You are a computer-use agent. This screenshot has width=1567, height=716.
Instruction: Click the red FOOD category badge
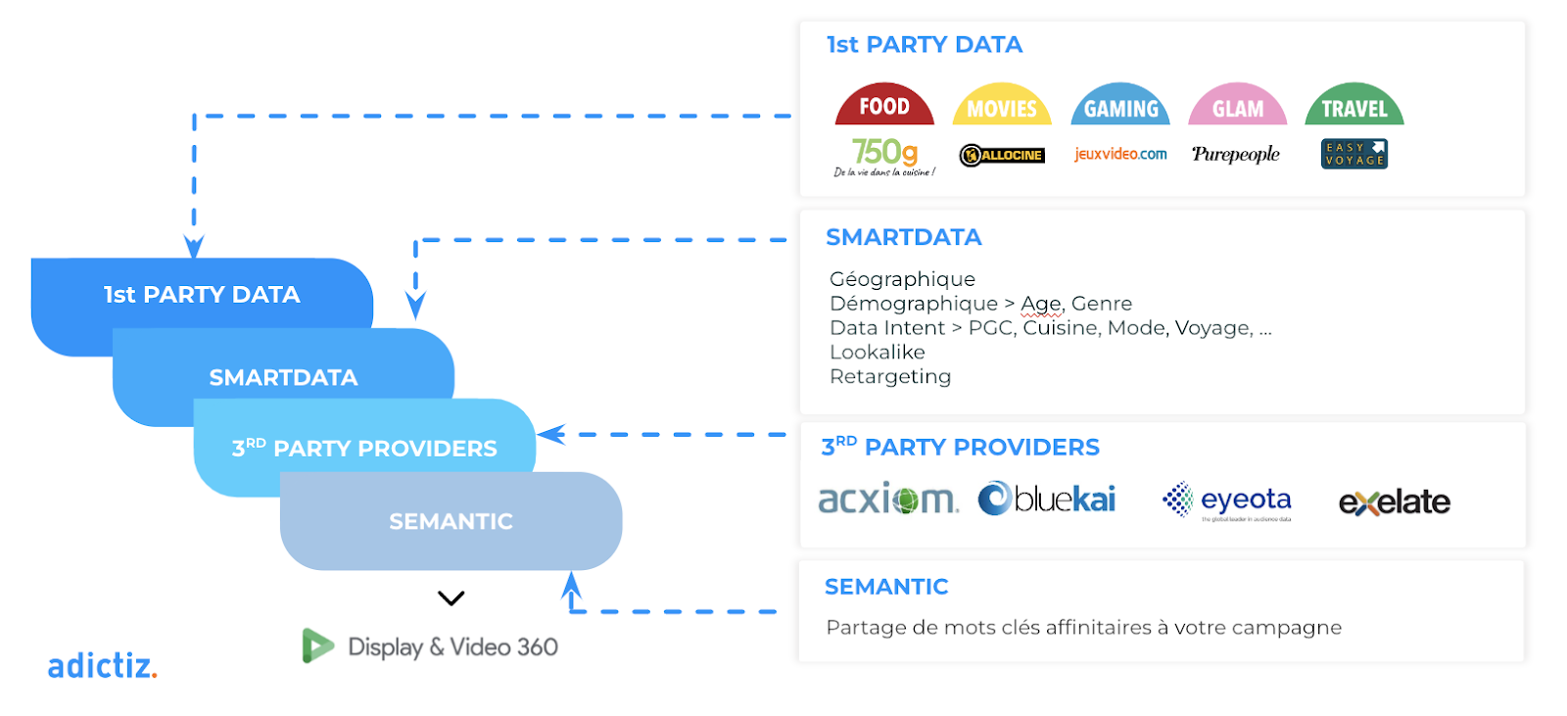pyautogui.click(x=884, y=106)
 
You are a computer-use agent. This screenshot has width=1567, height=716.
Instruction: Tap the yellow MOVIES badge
pyautogui.click(x=1002, y=107)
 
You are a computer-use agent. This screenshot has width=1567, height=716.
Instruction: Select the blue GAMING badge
pyautogui.click(x=1120, y=107)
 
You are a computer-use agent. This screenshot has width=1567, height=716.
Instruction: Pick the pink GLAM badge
pyautogui.click(x=1238, y=107)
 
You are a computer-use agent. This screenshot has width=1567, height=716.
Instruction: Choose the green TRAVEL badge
pyautogui.click(x=1354, y=107)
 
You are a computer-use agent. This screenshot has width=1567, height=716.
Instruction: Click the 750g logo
pyautogui.click(x=884, y=156)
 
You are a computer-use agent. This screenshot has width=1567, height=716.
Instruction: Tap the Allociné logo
pyautogui.click(x=1002, y=155)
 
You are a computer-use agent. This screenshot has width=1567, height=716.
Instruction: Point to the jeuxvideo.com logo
pyautogui.click(x=1120, y=154)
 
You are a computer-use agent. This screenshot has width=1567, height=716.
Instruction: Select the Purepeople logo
pyautogui.click(x=1236, y=154)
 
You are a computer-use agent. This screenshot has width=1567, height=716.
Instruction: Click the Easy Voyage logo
pyautogui.click(x=1354, y=154)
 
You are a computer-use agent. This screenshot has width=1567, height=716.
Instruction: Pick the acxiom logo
pyautogui.click(x=887, y=500)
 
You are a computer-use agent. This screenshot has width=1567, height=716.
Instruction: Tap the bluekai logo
pyautogui.click(x=1047, y=499)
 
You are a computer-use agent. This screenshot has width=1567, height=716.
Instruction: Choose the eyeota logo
pyautogui.click(x=1228, y=501)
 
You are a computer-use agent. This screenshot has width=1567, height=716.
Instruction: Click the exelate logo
pyautogui.click(x=1394, y=502)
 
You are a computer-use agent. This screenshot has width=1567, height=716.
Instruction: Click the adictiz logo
pyautogui.click(x=102, y=666)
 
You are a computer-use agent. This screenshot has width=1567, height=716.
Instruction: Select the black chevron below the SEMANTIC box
pyautogui.click(x=451, y=597)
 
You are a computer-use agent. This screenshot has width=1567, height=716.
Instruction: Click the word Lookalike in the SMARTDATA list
pyautogui.click(x=877, y=352)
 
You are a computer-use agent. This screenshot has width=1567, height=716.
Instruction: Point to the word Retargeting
pyautogui.click(x=889, y=376)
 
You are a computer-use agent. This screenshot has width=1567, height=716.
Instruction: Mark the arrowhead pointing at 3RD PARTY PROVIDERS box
pyautogui.click(x=551, y=434)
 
